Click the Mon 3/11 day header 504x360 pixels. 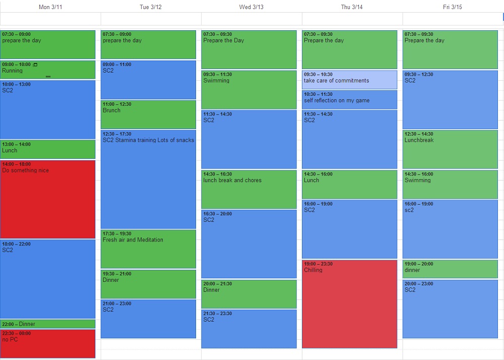[50, 7]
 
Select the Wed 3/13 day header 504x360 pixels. [251, 7]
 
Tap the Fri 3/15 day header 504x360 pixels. [452, 7]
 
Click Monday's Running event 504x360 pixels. [47, 70]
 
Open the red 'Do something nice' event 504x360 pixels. [47, 199]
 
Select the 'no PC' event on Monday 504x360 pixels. [47, 343]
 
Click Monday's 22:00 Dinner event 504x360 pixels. [47, 324]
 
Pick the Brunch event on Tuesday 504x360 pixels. [148, 114]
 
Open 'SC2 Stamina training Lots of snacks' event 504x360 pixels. [148, 179]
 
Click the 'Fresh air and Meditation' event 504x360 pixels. [148, 249]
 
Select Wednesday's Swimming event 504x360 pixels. [249, 89]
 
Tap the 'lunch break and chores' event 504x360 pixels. [249, 189]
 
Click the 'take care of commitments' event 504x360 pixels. [349, 80]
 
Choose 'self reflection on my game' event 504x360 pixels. [349, 99]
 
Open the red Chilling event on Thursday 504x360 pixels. [349, 304]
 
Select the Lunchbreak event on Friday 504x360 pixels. [450, 149]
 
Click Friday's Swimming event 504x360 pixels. [450, 184]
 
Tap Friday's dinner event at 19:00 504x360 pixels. [450, 269]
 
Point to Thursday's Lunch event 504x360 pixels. [349, 184]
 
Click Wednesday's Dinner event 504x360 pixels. [249, 294]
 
